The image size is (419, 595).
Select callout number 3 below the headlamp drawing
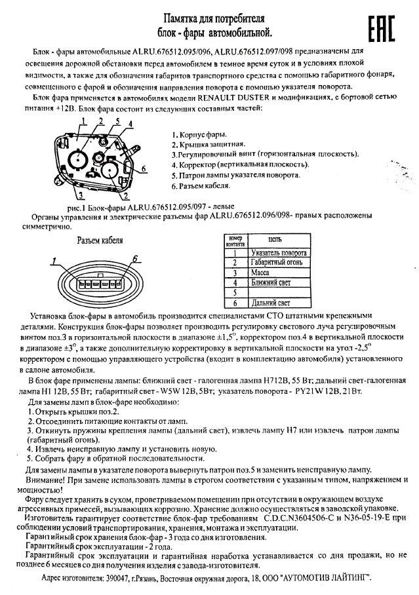79,195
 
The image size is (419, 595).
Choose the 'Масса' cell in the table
261,272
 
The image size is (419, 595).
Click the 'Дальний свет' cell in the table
270,303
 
